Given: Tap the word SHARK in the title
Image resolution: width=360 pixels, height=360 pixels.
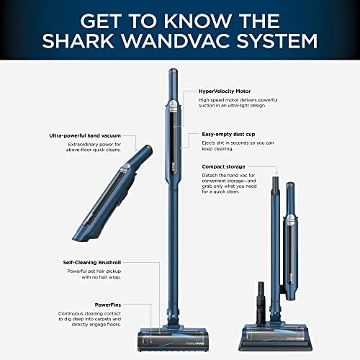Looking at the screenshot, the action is [x=78, y=41].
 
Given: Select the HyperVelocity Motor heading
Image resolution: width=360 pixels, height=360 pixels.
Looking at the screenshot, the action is [x=225, y=91].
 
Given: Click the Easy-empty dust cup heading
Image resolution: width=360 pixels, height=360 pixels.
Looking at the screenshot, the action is [x=228, y=134].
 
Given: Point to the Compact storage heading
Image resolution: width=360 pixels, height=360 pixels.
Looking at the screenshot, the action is [x=223, y=166].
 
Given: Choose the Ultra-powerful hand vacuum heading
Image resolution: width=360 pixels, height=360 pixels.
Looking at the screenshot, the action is [x=85, y=135].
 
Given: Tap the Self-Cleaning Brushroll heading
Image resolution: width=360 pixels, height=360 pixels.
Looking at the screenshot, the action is [x=92, y=262].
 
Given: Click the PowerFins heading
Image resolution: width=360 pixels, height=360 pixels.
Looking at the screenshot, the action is [x=108, y=305].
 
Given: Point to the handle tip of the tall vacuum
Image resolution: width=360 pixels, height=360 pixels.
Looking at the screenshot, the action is [x=173, y=71].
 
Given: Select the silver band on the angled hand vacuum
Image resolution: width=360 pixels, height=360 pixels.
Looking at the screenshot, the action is [x=125, y=167].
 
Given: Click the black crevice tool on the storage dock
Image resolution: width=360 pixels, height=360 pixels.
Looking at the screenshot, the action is [x=261, y=303].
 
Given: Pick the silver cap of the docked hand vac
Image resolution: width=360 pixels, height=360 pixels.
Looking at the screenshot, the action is [x=291, y=220].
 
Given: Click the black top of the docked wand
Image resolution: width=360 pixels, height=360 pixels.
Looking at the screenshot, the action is [x=276, y=184].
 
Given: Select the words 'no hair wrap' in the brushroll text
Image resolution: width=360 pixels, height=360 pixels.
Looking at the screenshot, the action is [x=106, y=277].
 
